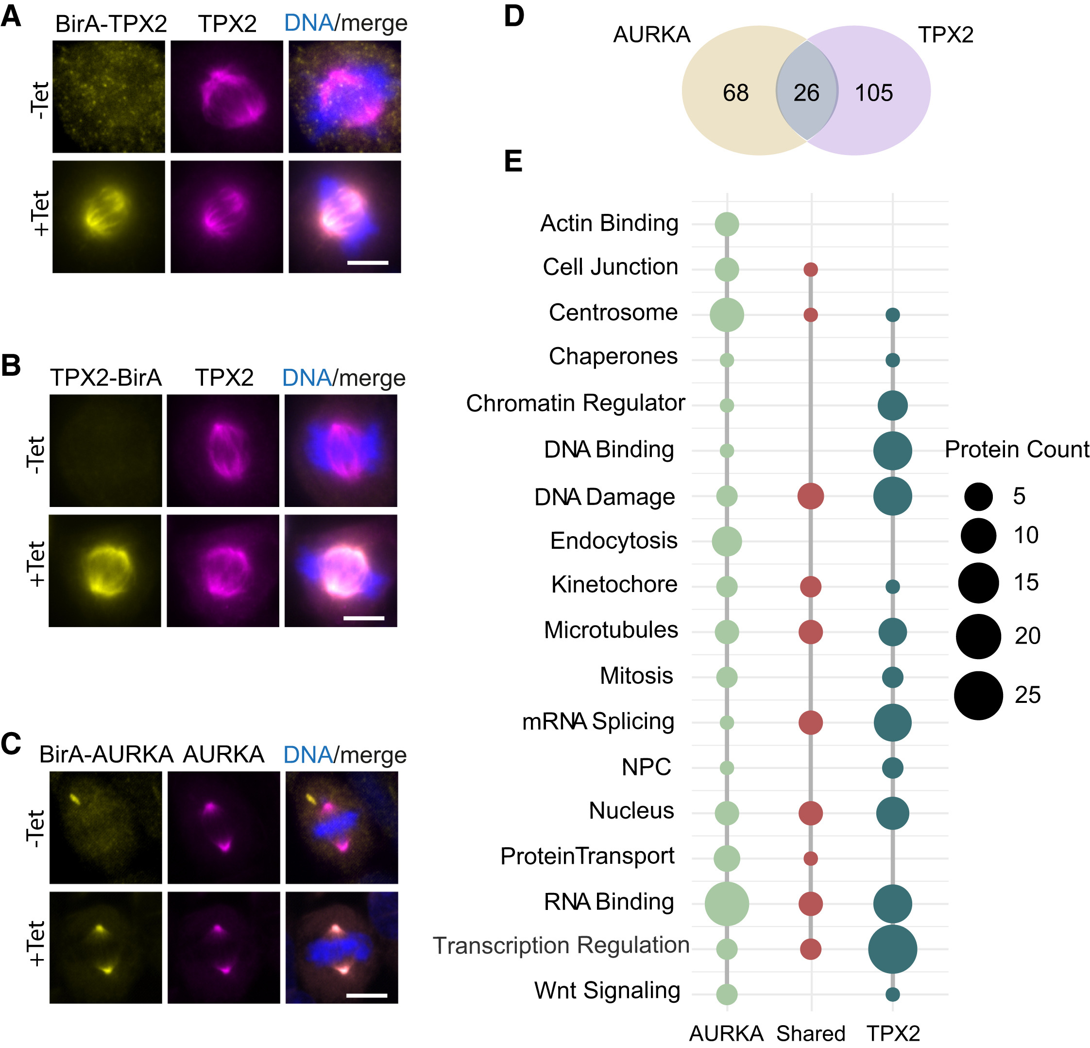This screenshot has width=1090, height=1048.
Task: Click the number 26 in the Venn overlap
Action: [806, 92]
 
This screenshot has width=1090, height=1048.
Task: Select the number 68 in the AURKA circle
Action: [735, 92]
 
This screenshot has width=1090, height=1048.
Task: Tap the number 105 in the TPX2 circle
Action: [874, 92]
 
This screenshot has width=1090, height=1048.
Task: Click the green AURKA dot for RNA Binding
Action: [727, 904]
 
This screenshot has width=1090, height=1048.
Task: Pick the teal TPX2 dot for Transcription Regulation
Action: [893, 949]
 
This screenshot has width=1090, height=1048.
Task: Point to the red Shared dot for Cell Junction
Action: [811, 270]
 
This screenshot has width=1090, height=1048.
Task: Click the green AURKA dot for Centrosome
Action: [727, 315]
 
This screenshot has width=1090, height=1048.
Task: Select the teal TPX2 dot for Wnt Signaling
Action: [893, 994]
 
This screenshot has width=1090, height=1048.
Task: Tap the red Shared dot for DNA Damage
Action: [811, 496]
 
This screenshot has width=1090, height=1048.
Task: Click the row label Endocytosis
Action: [613, 541]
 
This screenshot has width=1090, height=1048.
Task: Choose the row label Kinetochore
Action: [614, 584]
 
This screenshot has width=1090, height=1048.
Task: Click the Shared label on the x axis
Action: [811, 1033]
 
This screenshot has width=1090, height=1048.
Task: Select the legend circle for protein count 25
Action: [978, 695]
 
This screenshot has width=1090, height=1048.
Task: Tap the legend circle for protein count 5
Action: [978, 496]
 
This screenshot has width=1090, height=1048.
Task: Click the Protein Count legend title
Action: [1017, 449]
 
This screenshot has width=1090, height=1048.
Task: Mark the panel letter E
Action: [513, 161]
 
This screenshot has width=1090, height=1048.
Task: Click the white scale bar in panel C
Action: [366, 995]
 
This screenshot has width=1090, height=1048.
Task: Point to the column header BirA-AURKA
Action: [106, 755]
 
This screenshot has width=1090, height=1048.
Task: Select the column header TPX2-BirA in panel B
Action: [106, 378]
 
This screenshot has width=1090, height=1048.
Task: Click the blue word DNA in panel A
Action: [308, 23]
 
